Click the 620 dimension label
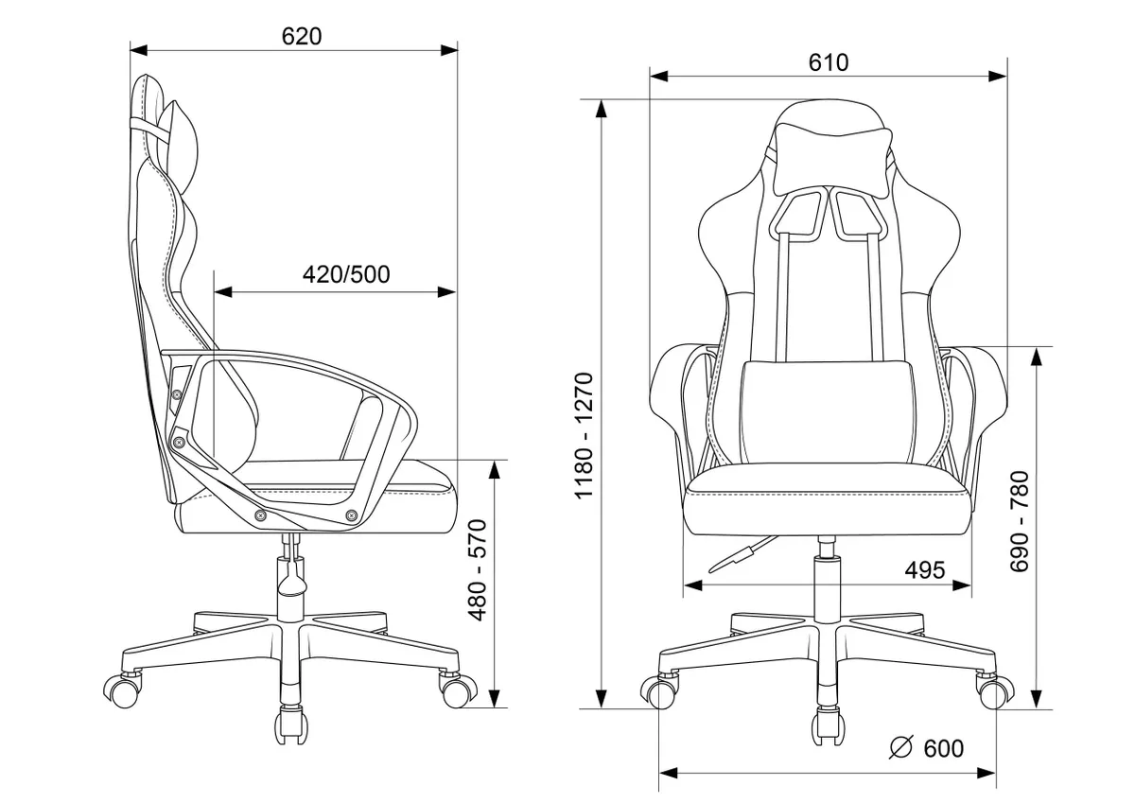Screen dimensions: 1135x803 [x=302, y=37]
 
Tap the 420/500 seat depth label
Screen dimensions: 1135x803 [x=346, y=274]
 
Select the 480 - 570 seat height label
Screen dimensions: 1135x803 [x=478, y=570]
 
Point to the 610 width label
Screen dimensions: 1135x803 [x=829, y=62]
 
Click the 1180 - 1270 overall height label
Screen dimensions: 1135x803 [x=584, y=436]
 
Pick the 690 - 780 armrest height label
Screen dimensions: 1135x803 [x=1019, y=522]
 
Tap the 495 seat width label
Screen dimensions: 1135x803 [x=925, y=570]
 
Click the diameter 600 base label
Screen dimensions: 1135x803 [x=926, y=748]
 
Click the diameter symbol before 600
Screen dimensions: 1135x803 [x=900, y=748]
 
